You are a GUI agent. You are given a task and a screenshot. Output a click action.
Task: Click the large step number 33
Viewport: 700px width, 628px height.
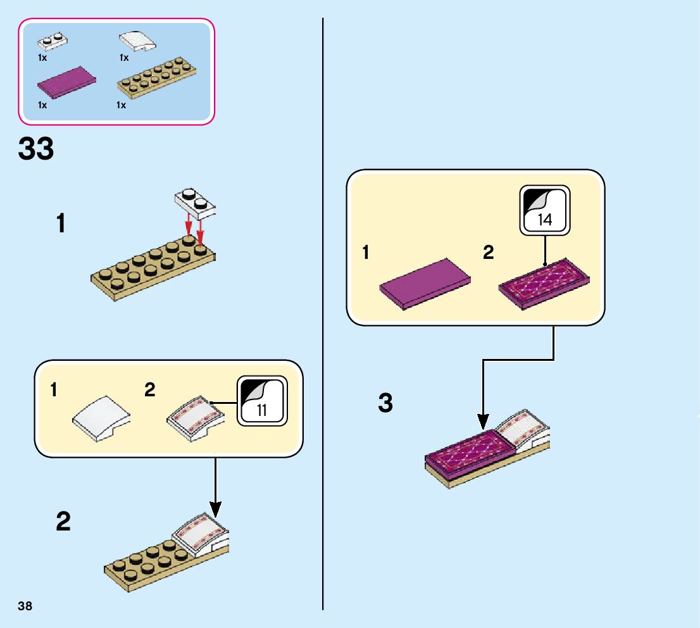click(x=36, y=149)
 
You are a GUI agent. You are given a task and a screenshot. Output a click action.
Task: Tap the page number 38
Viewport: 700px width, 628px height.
click(x=25, y=606)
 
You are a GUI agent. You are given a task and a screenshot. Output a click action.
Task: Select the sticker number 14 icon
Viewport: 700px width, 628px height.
click(x=544, y=210)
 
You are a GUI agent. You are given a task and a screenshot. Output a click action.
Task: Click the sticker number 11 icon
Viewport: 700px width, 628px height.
click(x=261, y=401)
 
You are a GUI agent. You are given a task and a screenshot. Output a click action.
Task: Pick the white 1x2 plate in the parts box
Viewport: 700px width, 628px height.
click(x=53, y=42)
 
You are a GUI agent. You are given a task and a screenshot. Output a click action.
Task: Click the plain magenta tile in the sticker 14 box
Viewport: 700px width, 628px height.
click(x=425, y=282)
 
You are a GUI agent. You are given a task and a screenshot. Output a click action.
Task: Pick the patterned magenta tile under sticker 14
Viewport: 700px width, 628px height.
click(x=544, y=283)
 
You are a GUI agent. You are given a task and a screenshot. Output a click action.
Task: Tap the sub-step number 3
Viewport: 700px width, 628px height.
click(x=385, y=403)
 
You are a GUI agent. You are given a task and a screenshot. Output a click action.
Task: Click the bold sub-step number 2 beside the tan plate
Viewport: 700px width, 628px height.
click(x=63, y=522)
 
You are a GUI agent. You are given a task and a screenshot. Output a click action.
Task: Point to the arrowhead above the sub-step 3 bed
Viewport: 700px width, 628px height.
click(x=483, y=421)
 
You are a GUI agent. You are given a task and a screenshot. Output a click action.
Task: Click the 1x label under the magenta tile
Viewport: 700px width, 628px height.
click(x=42, y=105)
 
